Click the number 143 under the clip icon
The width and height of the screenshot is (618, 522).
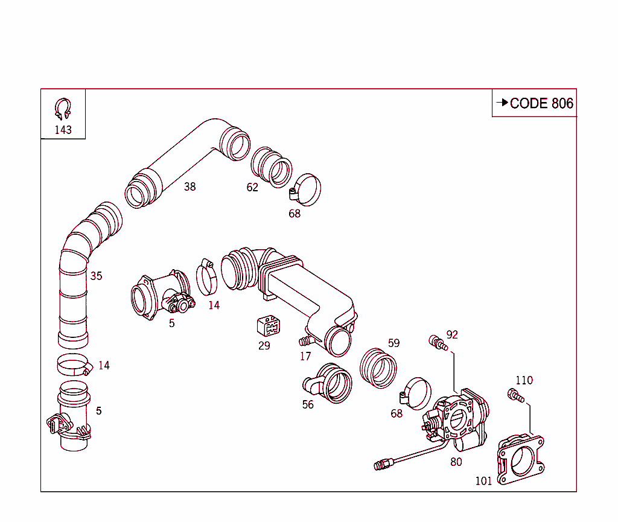pyautogui.click(x=63, y=130)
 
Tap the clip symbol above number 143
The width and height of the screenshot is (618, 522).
pyautogui.click(x=63, y=109)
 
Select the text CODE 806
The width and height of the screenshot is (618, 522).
pyautogui.click(x=541, y=103)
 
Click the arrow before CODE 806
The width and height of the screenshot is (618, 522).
pyautogui.click(x=502, y=103)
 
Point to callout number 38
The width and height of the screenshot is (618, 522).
pyautogui.click(x=190, y=187)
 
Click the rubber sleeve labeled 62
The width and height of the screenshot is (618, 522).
pyautogui.click(x=272, y=166)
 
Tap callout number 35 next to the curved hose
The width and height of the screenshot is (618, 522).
pyautogui.click(x=97, y=276)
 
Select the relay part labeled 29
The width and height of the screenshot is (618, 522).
pyautogui.click(x=268, y=326)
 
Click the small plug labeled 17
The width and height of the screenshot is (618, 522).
pyautogui.click(x=304, y=342)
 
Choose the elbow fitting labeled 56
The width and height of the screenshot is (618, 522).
pyautogui.click(x=329, y=384)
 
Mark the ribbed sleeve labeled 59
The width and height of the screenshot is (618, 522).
pyautogui.click(x=378, y=368)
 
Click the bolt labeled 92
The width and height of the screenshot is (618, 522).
pyautogui.click(x=437, y=342)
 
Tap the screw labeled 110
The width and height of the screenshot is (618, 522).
pyautogui.click(x=516, y=396)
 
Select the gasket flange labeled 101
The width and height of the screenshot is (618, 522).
pyautogui.click(x=520, y=459)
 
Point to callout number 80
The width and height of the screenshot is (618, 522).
pyautogui.click(x=456, y=462)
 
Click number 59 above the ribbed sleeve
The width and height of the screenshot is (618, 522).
pyautogui.click(x=393, y=343)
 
